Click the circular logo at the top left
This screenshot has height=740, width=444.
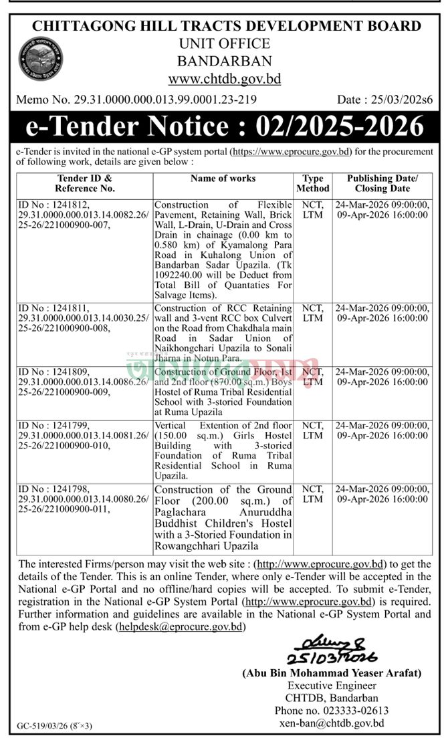click(40, 59)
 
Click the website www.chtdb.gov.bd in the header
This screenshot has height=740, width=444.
click(224, 79)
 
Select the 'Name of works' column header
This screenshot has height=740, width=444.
click(223, 178)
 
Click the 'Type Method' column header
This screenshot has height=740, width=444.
click(312, 184)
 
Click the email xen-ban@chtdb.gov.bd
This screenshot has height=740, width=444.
click(332, 723)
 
